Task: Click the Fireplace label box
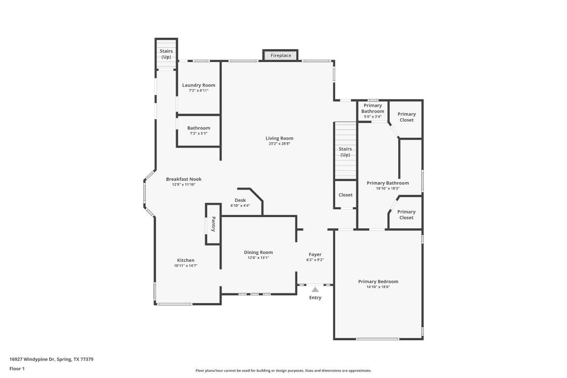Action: (x=281, y=56)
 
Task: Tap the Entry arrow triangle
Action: (x=315, y=290)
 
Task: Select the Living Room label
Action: (x=280, y=138)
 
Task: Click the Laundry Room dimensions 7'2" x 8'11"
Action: (x=198, y=91)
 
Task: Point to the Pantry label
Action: (x=214, y=224)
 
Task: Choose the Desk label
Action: (x=240, y=200)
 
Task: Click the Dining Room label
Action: (x=258, y=252)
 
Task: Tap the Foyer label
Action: (x=315, y=254)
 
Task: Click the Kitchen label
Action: (x=186, y=260)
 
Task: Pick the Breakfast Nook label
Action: (x=184, y=179)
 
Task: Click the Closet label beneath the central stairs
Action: (x=346, y=195)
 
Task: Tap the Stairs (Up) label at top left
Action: (x=166, y=54)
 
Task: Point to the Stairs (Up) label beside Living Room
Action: (x=346, y=152)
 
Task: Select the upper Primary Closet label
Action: (x=407, y=117)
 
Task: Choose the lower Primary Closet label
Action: (x=407, y=215)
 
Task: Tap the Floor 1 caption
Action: (x=17, y=368)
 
